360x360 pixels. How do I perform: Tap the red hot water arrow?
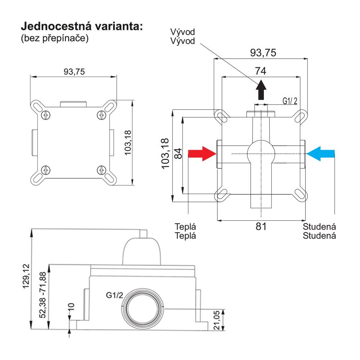tap(202, 154)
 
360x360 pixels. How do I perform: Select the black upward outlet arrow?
tap(261, 90)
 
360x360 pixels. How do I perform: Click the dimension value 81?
tap(261, 227)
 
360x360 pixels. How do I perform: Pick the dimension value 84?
tap(178, 153)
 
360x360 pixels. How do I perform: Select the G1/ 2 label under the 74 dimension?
tap(290, 101)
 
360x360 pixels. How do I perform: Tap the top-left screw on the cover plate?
tap(45, 115)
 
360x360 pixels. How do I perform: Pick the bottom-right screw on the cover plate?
tap(102, 170)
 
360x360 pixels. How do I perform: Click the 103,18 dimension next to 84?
tap(166, 155)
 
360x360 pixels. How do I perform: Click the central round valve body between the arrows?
tap(261, 154)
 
